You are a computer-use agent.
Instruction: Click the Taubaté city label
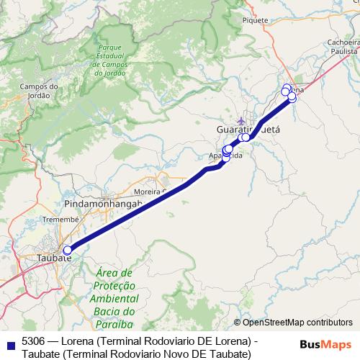click(53, 257)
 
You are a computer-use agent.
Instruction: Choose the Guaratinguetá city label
click(248, 129)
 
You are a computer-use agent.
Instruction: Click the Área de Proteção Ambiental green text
click(114, 292)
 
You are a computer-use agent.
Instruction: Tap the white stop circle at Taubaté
click(68, 251)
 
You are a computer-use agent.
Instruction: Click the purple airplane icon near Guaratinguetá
click(240, 120)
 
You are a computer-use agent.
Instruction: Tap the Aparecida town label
click(222, 156)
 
